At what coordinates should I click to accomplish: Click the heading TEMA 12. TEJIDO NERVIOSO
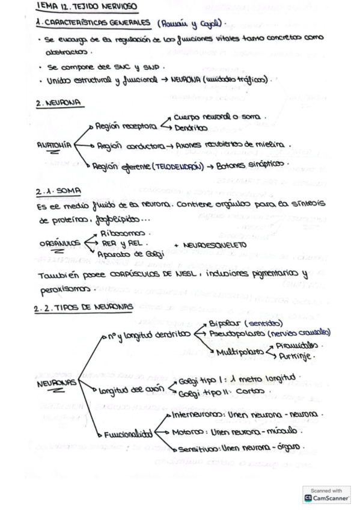pos(87,8)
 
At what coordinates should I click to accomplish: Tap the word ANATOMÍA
pos(55,144)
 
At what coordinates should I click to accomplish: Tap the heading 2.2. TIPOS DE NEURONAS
pos(84,307)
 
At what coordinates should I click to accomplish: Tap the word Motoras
pos(186,431)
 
